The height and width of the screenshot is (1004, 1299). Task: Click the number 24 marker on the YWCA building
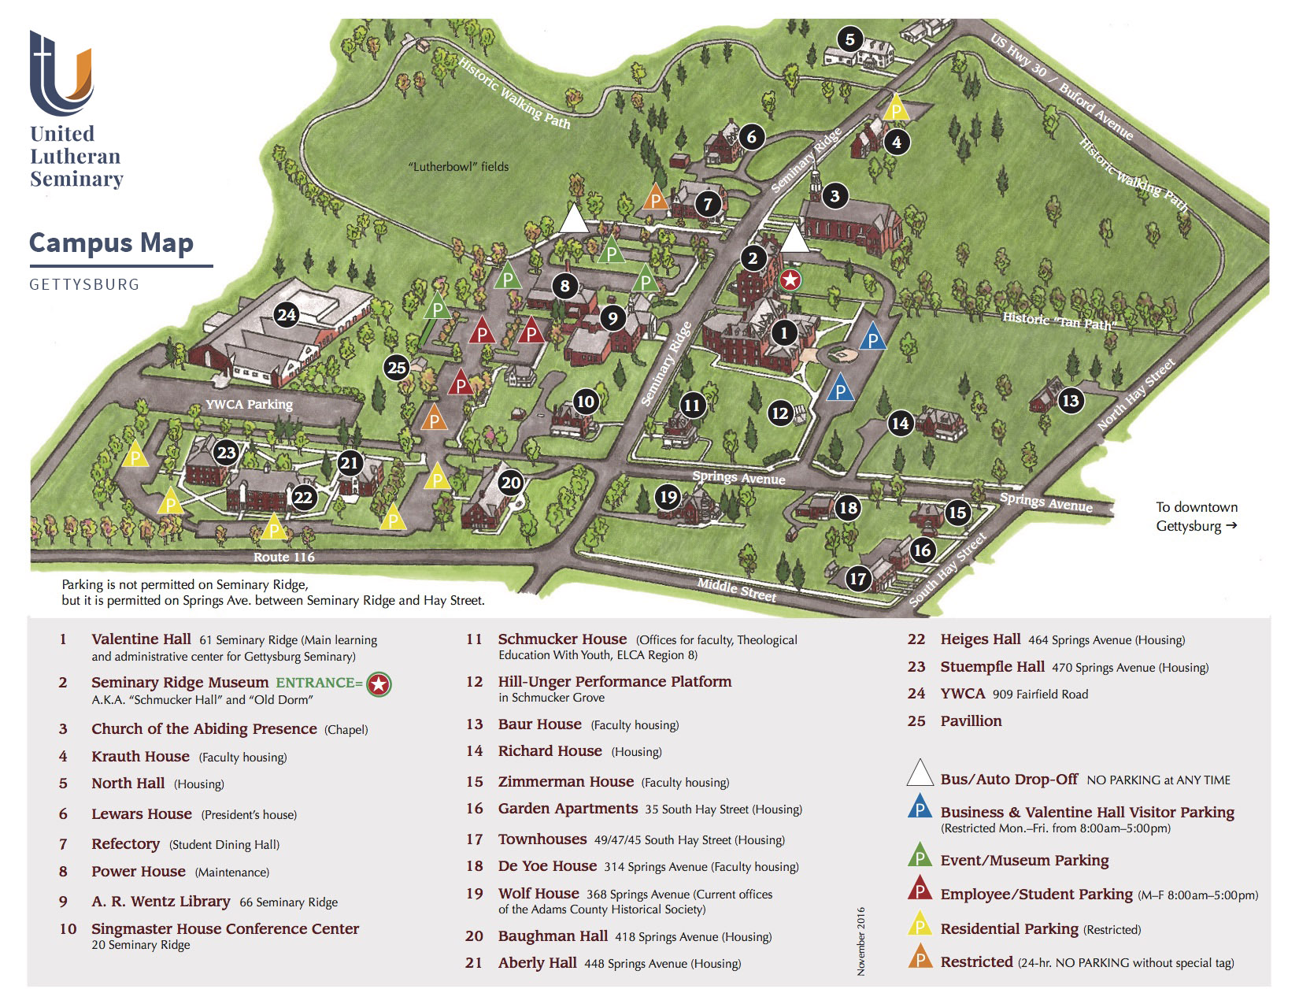[x=286, y=316]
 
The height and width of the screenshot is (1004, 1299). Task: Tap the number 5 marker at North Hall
[x=849, y=39]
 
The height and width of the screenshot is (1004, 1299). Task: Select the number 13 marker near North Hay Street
[x=1070, y=401]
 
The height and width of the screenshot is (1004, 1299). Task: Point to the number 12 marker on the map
[x=779, y=413]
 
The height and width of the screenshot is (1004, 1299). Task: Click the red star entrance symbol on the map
[x=790, y=279]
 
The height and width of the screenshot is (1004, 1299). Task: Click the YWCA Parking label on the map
[x=249, y=405]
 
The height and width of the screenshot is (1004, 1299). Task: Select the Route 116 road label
[x=283, y=557]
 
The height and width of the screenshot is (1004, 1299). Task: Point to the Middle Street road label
[x=737, y=590]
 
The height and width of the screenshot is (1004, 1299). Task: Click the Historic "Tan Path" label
[x=1059, y=320]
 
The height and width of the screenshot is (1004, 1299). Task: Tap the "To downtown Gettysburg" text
[x=1196, y=517]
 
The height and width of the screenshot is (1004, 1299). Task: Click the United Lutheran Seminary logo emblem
[x=61, y=73]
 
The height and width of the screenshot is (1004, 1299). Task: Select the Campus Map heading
[x=111, y=243]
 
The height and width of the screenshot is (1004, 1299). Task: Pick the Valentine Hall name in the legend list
[x=141, y=639]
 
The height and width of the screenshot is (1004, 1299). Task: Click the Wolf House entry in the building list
[x=538, y=893]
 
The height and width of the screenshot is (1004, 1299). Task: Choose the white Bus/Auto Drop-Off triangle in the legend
[x=920, y=774]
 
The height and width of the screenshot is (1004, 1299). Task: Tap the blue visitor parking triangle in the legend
[x=920, y=808]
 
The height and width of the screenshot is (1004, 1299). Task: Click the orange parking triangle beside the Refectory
[x=655, y=198]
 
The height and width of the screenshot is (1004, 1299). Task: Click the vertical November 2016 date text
[x=860, y=941]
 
